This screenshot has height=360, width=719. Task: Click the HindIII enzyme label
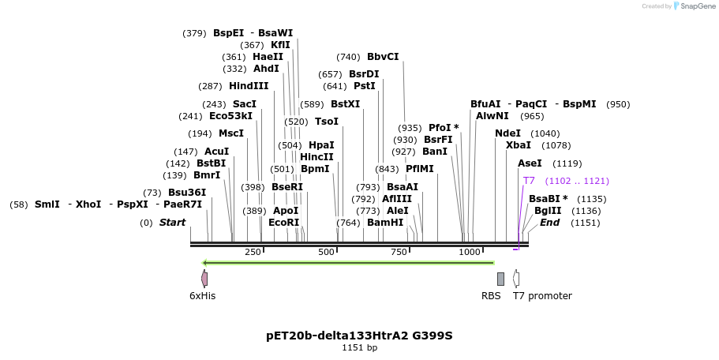click(x=249, y=86)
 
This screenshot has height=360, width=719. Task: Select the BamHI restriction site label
click(x=385, y=223)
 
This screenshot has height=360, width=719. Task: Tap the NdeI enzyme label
click(x=507, y=133)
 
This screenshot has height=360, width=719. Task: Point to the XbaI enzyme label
click(x=518, y=145)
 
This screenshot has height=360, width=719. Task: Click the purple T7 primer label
click(x=529, y=181)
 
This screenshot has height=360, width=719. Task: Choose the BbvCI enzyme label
click(x=383, y=57)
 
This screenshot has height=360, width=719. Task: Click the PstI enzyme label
click(x=365, y=86)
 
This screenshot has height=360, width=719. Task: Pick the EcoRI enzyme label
click(x=284, y=223)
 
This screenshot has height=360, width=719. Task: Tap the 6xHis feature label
click(x=202, y=296)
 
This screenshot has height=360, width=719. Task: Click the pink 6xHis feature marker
click(x=204, y=279)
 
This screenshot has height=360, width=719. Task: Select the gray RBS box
click(x=500, y=279)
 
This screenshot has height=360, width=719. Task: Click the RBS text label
click(x=491, y=296)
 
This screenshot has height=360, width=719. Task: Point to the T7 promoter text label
click(x=542, y=296)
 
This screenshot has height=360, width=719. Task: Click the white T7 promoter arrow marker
click(x=516, y=279)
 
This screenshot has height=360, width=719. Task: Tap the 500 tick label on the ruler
click(x=326, y=252)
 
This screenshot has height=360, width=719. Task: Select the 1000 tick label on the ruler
click(x=470, y=252)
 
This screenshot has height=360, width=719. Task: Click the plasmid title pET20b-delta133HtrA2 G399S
click(x=359, y=336)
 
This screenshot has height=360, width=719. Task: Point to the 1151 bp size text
click(x=359, y=347)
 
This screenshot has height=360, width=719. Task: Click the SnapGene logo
click(x=692, y=6)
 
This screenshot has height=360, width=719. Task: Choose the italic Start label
click(x=172, y=223)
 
